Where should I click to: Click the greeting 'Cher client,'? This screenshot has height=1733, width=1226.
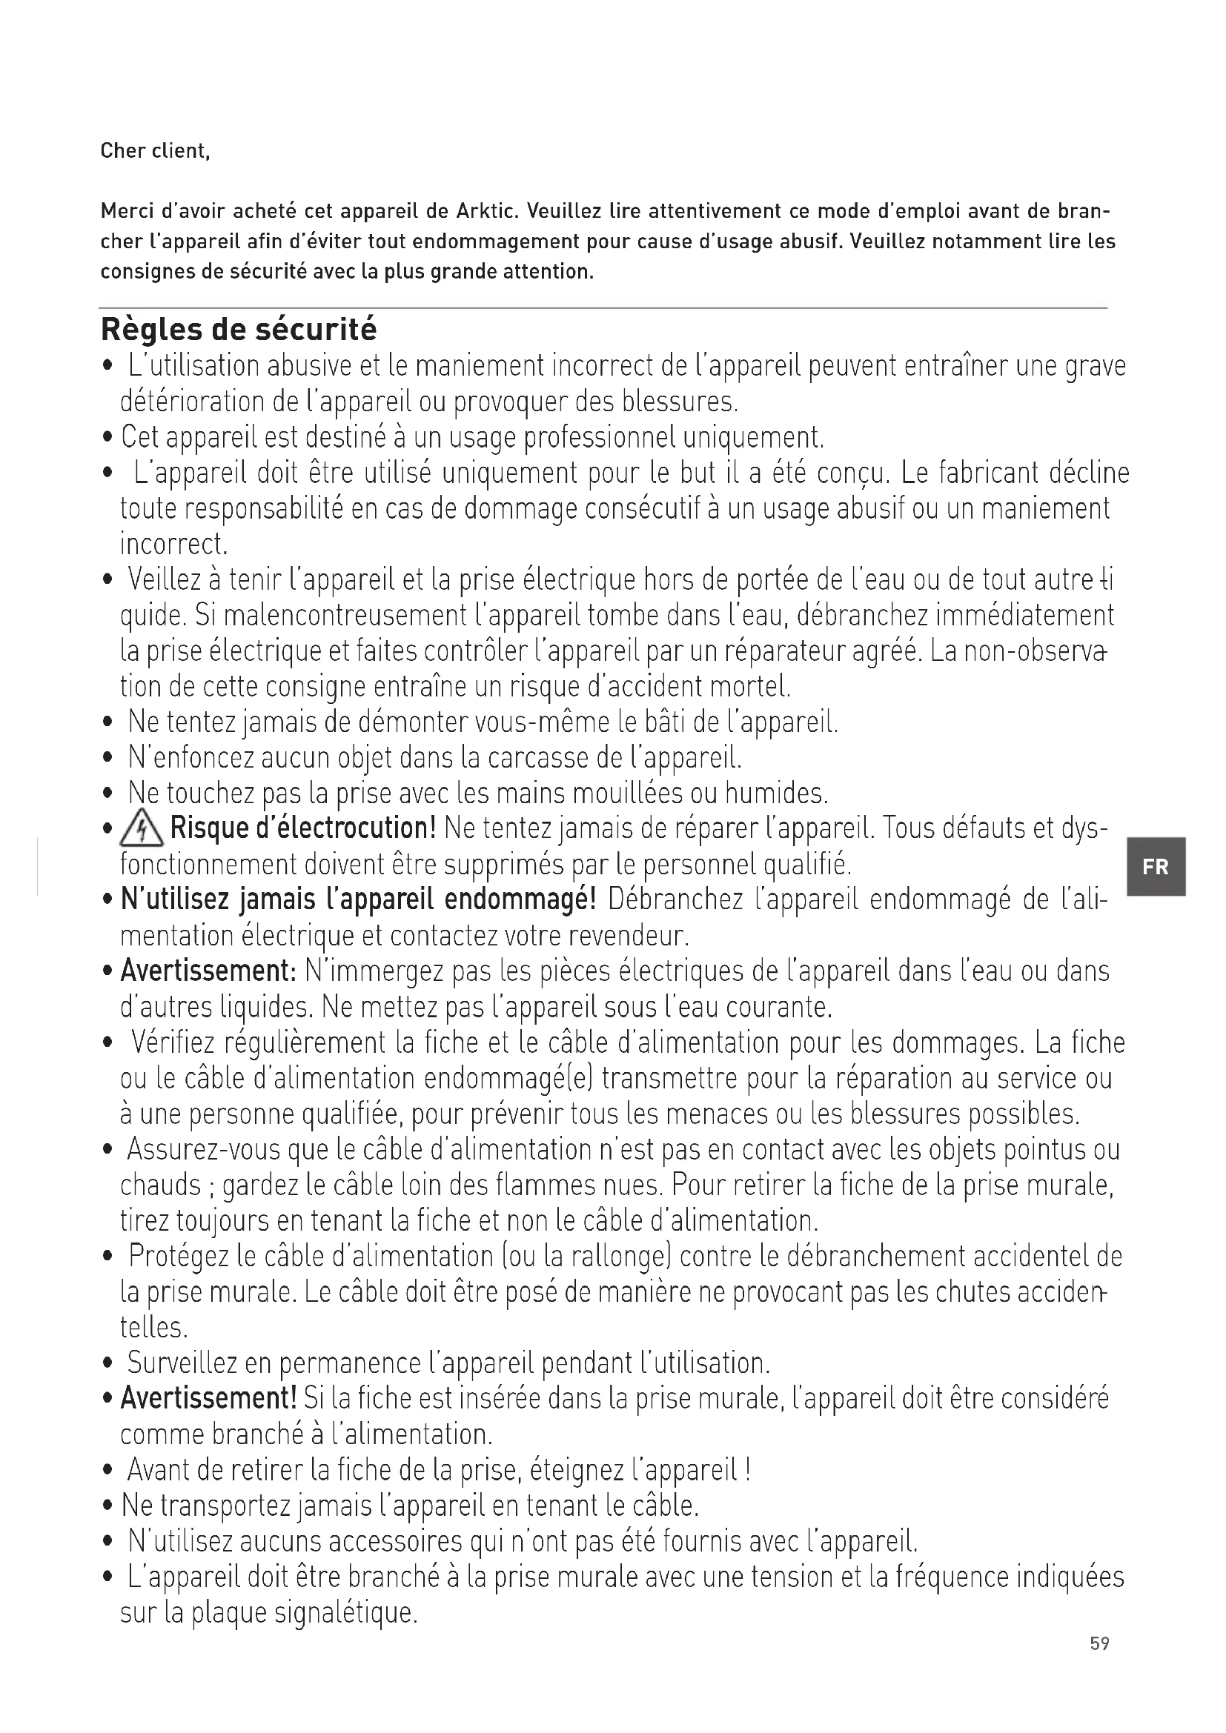[x=155, y=151]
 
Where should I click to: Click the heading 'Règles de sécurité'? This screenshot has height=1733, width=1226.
[x=239, y=330]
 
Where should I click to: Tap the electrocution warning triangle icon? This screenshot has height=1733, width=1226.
[x=142, y=830]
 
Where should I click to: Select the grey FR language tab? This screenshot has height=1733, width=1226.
[x=1156, y=867]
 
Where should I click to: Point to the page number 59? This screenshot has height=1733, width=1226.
[x=1099, y=1643]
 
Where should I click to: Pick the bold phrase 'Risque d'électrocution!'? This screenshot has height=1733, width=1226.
[x=303, y=829]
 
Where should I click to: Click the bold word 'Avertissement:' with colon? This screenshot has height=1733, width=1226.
[x=209, y=971]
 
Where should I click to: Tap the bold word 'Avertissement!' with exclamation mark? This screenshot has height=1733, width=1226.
[x=209, y=1398]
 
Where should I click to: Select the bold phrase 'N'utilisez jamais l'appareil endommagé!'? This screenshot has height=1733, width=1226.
[x=359, y=899]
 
